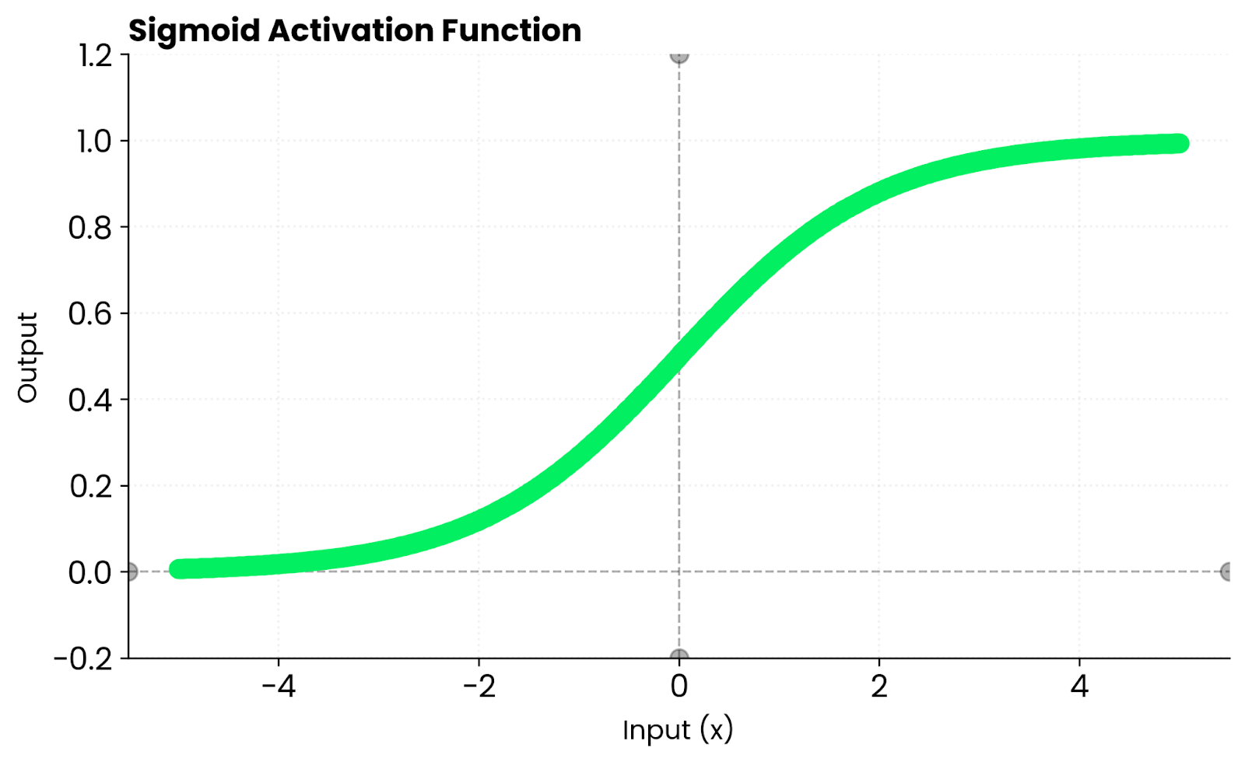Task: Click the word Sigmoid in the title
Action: click(x=195, y=31)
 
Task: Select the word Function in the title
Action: click(x=511, y=31)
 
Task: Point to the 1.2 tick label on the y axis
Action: click(x=95, y=55)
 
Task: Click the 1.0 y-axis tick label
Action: click(x=95, y=142)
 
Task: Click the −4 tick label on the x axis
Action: click(x=279, y=687)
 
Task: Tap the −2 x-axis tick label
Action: click(x=479, y=687)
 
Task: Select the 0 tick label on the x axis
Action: click(x=679, y=687)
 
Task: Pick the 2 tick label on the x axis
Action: click(x=879, y=687)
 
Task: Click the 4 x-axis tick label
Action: click(x=1079, y=687)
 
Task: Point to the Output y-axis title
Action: click(x=27, y=358)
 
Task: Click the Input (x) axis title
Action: click(x=678, y=730)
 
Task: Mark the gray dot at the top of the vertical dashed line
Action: click(x=679, y=55)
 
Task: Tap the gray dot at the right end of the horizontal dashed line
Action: click(x=1227, y=572)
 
